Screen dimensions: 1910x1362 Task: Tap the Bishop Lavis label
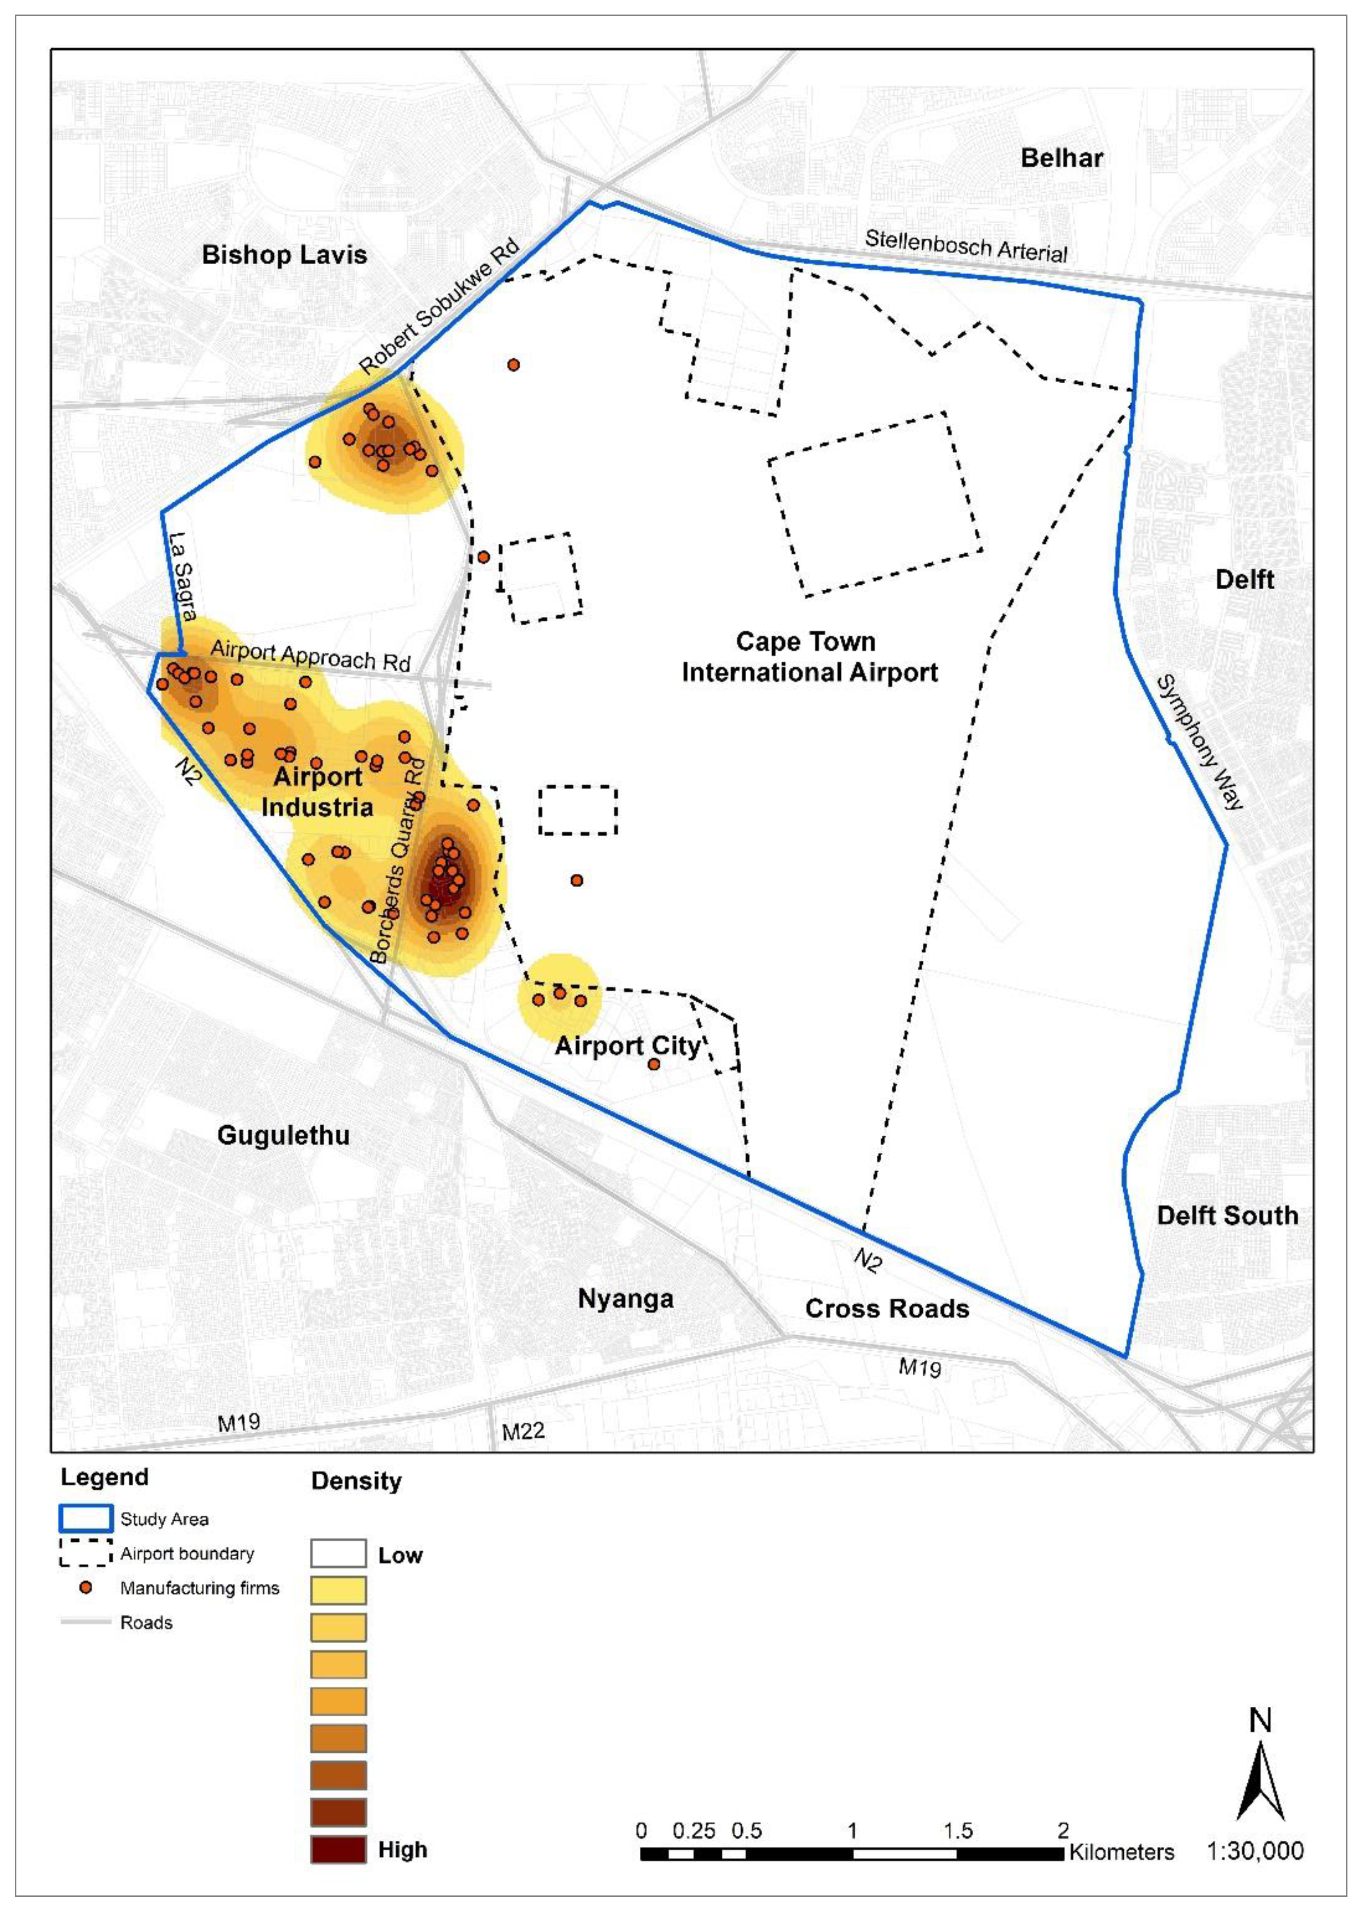(284, 255)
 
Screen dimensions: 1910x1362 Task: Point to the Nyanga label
(626, 1299)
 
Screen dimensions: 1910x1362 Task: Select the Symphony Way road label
(1199, 742)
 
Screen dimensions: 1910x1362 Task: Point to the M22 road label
(523, 1431)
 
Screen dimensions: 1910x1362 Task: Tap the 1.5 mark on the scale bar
(958, 1830)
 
